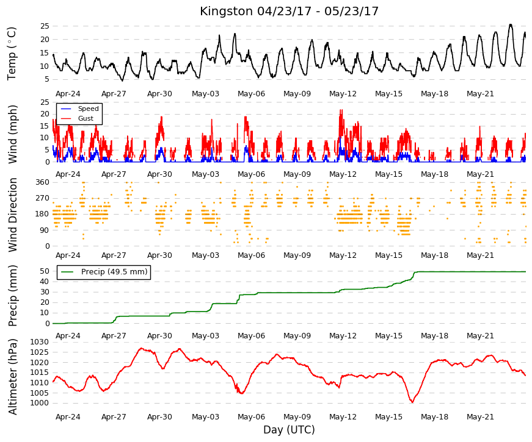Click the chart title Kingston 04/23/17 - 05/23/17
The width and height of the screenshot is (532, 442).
point(289,11)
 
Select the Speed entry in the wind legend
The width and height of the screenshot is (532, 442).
point(88,109)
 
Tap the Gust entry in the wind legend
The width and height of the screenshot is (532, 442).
point(86,118)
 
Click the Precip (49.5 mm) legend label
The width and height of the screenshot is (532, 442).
point(114,272)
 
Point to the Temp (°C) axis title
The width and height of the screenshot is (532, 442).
point(12,54)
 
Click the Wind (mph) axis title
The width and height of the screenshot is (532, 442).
point(13,135)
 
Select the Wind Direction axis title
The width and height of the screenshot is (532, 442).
point(13,215)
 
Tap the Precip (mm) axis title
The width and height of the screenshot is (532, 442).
point(13,296)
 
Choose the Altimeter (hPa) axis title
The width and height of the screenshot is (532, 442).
point(13,377)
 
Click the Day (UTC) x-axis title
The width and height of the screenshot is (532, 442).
point(289,430)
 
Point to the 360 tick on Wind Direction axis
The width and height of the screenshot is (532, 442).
point(42,182)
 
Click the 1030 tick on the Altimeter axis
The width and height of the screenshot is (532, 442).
point(40,342)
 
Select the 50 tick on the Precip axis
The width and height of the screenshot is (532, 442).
point(45,271)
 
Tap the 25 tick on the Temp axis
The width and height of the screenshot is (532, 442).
point(45,26)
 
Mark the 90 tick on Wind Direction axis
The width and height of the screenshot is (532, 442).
point(45,230)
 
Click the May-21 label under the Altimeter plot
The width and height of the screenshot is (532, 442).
point(480,417)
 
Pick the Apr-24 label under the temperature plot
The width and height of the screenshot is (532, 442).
point(68,94)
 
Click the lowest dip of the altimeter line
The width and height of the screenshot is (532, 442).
point(412,402)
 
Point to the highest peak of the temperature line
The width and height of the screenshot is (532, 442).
point(511,24)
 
